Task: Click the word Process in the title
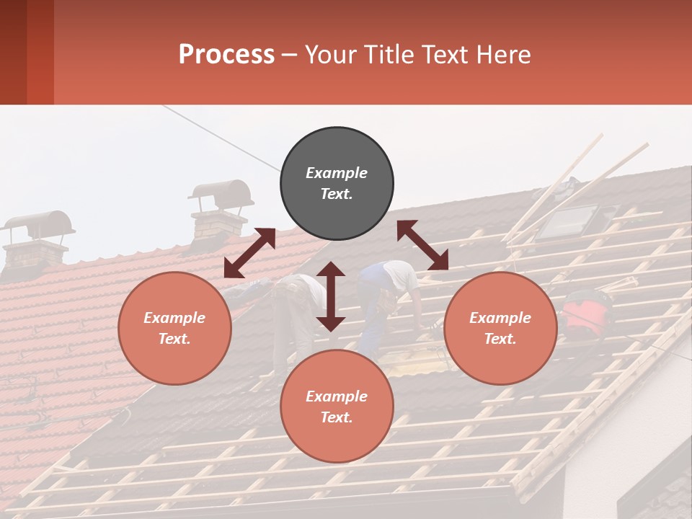coord(226,55)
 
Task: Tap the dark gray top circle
coord(337,184)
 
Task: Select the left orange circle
coord(174,328)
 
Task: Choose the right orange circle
coord(500,328)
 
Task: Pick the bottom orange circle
coord(337,407)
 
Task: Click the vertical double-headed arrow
coord(331,296)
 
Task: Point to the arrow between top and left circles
coord(249,253)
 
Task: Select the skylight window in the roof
coord(569,221)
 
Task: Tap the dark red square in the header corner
coord(27,52)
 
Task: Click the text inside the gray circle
coord(337,183)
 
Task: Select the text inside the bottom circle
coord(337,407)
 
